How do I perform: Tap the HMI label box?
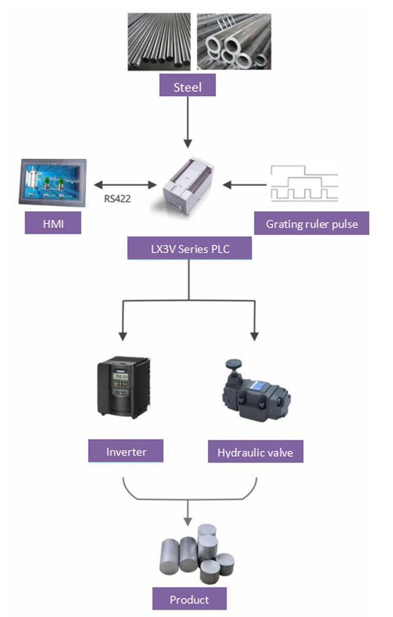[53, 223]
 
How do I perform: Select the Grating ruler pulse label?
[311, 224]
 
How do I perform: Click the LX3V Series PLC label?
[189, 248]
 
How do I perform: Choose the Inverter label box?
[126, 451]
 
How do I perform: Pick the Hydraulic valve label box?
[255, 453]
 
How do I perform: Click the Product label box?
[189, 599]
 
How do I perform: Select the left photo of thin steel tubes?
[159, 42]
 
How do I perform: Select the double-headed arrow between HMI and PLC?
[124, 183]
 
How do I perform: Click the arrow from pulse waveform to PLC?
[244, 183]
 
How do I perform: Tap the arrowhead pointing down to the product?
[188, 521]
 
